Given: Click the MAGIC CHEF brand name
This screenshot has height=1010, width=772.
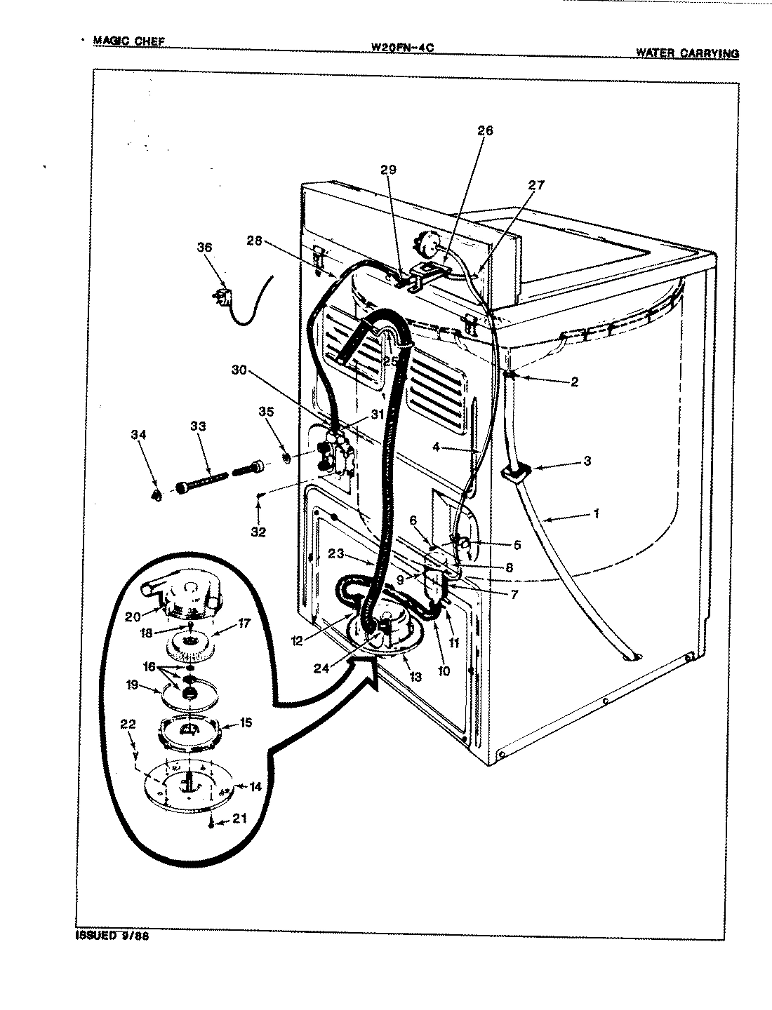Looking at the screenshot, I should (x=129, y=41).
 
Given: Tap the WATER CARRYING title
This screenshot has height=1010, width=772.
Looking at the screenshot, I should (x=686, y=53).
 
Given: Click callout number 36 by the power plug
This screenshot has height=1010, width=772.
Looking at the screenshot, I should (x=204, y=248).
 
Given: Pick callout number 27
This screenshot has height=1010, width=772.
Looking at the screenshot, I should (x=535, y=186).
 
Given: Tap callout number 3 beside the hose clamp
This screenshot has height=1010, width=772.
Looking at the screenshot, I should (x=587, y=461).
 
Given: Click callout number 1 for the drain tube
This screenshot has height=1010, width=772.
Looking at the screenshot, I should (x=596, y=514).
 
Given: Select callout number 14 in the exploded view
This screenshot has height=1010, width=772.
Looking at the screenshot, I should (x=255, y=788).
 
